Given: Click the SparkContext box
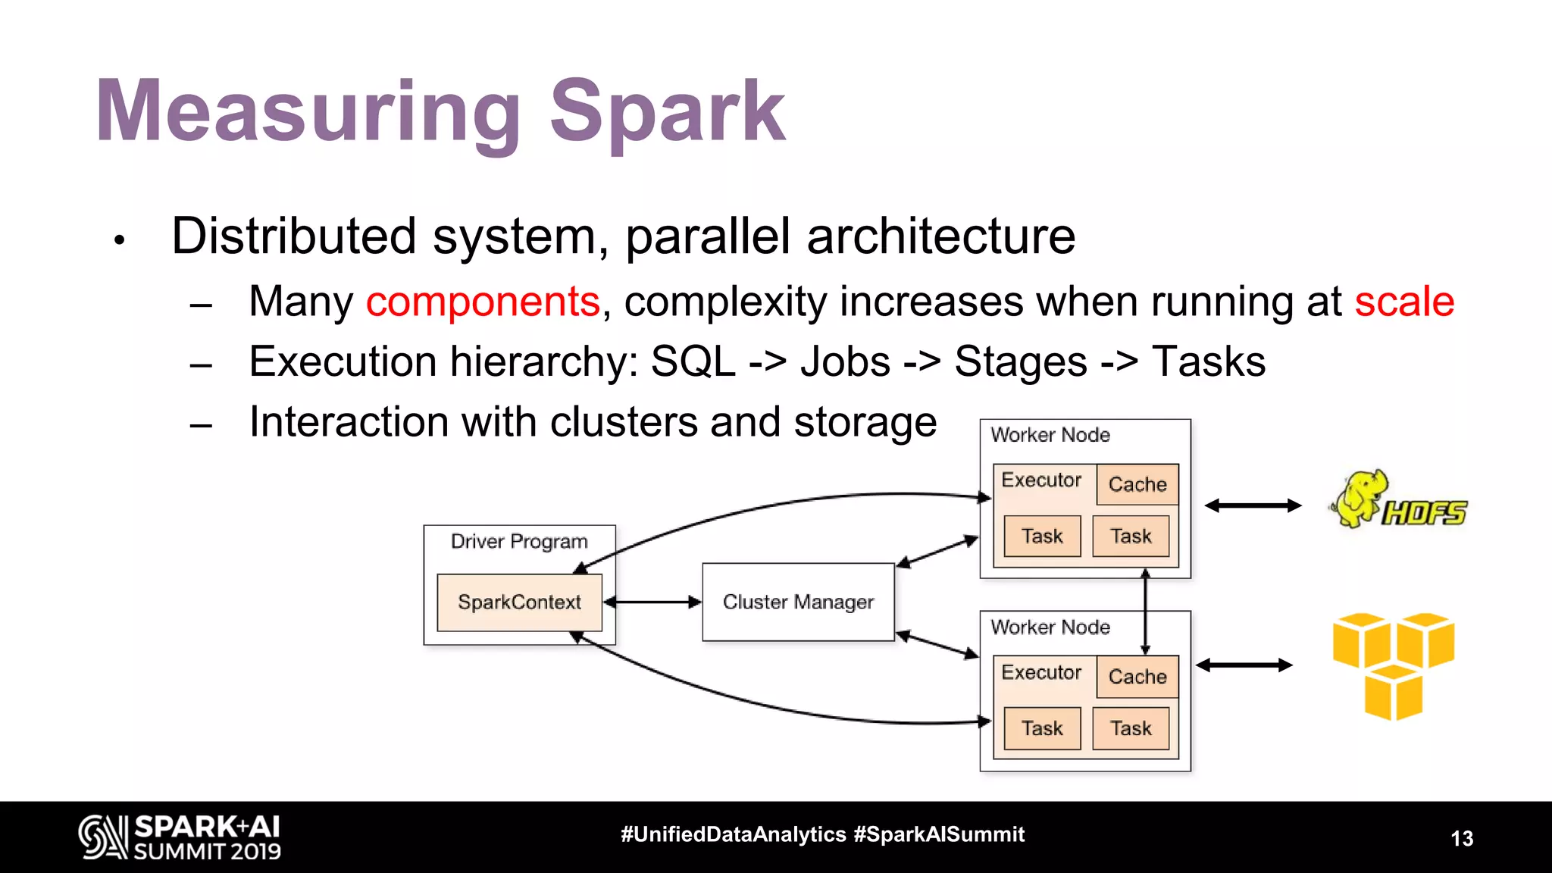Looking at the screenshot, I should [x=519, y=602].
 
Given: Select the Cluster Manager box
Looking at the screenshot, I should [x=798, y=602].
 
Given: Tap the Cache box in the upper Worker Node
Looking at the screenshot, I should [x=1137, y=484].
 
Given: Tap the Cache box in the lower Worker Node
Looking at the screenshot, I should [x=1137, y=677].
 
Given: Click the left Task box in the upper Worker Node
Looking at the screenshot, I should [x=1042, y=537].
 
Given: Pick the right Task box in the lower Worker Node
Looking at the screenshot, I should [x=1131, y=728].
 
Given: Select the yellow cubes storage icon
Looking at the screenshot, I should [x=1394, y=665].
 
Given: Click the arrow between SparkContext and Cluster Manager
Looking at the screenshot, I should [x=652, y=602].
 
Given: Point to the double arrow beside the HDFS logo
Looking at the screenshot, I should [x=1253, y=505].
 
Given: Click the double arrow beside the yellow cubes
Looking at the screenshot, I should [x=1244, y=665].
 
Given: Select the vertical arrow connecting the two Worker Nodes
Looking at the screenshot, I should [x=1145, y=612].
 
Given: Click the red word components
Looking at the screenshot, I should [x=483, y=302].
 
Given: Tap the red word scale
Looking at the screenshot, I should [x=1404, y=302].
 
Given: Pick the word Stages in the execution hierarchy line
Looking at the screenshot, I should [x=1020, y=361].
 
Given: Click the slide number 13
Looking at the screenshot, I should [x=1462, y=838].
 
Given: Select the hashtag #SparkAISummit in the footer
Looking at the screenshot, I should [x=939, y=834].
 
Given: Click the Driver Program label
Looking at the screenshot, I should [x=519, y=541].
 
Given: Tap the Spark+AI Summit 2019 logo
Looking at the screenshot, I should [x=180, y=837].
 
